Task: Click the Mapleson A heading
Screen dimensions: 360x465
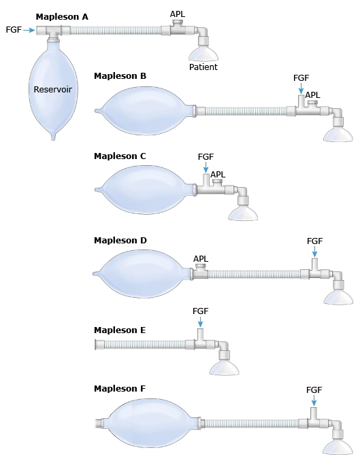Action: [x=62, y=17]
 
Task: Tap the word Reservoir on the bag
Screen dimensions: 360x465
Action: [x=53, y=89]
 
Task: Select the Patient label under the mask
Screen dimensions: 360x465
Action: [x=203, y=67]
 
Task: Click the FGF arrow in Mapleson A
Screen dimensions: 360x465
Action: [x=29, y=30]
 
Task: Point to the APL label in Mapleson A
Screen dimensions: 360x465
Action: [x=178, y=14]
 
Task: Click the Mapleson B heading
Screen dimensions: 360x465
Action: [x=120, y=76]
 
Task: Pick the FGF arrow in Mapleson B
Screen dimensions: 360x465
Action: [x=301, y=88]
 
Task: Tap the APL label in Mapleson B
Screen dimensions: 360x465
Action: [x=313, y=95]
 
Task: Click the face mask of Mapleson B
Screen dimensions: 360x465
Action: [x=338, y=135]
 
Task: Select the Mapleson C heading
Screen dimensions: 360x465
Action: [x=120, y=156]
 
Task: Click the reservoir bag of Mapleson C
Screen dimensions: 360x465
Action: [x=144, y=190]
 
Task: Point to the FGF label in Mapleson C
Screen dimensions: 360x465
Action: [x=206, y=156]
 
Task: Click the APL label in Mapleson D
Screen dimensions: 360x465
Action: [x=201, y=259]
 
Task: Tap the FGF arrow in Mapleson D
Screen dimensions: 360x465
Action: [x=314, y=252]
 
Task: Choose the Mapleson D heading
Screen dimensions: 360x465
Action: [x=120, y=240]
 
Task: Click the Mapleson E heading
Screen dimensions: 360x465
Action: [x=120, y=330]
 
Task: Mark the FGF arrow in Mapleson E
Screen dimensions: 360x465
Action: [x=200, y=322]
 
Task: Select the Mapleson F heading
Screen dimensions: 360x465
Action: [x=120, y=388]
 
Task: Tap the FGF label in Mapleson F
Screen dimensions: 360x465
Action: [x=314, y=390]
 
